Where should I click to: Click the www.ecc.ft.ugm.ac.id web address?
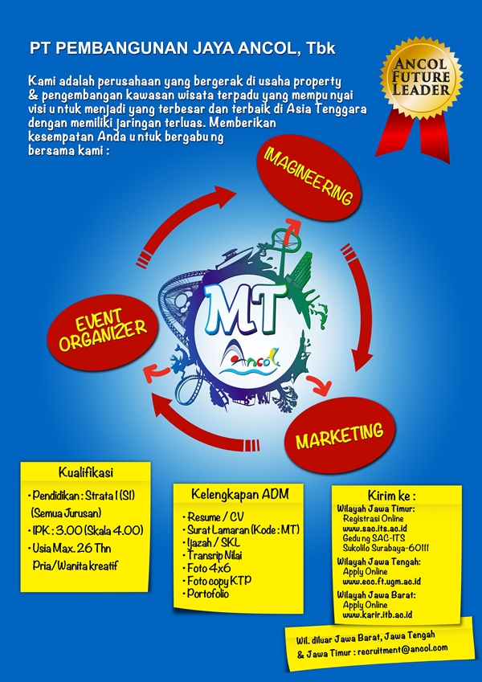pos(382,580)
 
